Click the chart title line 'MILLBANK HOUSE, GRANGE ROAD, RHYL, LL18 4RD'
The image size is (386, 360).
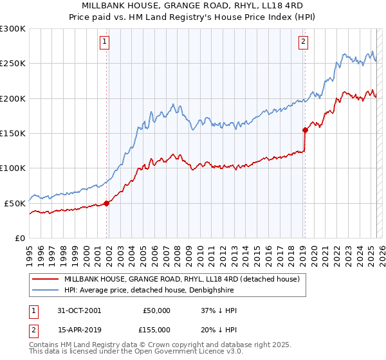tap(193, 5)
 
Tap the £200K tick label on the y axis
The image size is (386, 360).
tap(13, 98)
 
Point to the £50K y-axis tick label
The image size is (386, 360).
tap(15, 203)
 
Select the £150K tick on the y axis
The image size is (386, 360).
tap(13, 133)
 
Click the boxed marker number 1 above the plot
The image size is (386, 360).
tap(104, 42)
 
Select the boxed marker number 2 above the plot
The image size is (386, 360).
tap(303, 42)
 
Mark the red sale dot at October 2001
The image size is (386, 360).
tap(107, 203)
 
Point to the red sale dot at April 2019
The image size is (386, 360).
tap(305, 130)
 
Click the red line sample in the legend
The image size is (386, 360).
tap(45, 280)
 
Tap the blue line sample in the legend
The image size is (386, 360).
tap(45, 291)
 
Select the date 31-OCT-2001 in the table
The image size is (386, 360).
tap(79, 310)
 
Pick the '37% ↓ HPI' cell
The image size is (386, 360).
tap(219, 310)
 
